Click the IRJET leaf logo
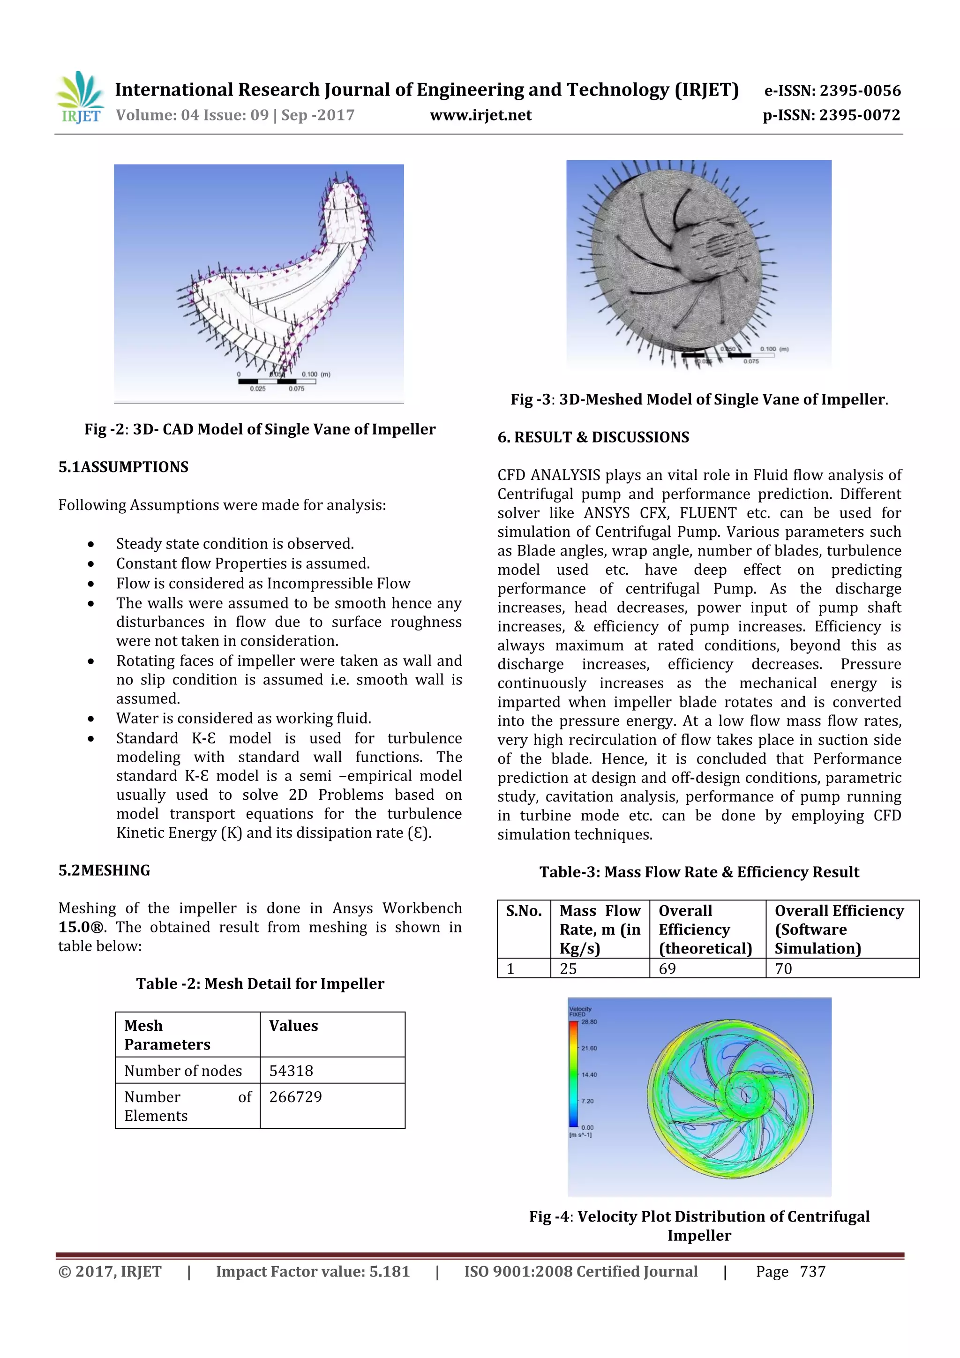[80, 97]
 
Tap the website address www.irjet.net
[480, 115]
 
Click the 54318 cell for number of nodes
[291, 1071]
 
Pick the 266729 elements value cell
[295, 1096]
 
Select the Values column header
[293, 1026]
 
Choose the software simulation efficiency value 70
[783, 968]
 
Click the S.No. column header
[524, 911]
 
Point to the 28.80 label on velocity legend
[589, 1021]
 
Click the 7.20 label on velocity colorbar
[587, 1101]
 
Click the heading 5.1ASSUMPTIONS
[123, 467]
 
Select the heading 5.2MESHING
[104, 870]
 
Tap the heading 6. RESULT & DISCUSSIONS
[592, 437]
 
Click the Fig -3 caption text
[699, 399]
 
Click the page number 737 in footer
[812, 1272]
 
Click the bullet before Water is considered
[90, 719]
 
